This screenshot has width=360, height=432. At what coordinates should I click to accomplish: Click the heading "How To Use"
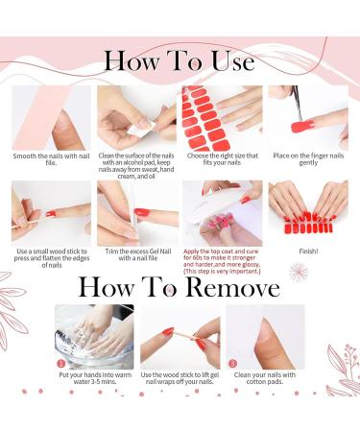180,61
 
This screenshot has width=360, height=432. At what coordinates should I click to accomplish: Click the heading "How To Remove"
180,287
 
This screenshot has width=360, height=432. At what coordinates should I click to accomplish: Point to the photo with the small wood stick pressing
49,213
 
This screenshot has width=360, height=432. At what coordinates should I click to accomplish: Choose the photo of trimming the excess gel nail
135,213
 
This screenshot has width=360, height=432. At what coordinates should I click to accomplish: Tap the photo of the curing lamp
221,213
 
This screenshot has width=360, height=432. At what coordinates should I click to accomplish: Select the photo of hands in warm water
93,337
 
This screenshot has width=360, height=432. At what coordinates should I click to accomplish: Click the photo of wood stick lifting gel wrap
180,337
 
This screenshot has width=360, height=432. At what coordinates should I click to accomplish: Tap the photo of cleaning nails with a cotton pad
266,337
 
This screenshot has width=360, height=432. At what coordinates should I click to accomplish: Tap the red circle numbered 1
61,364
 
